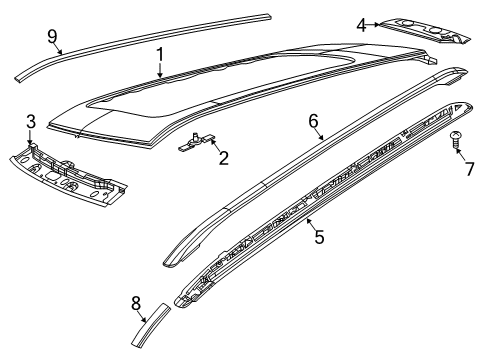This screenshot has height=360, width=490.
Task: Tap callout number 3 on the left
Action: click(x=31, y=122)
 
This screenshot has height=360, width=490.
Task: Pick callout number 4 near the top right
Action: click(x=361, y=25)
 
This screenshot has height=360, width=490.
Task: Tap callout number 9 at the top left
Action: click(x=52, y=36)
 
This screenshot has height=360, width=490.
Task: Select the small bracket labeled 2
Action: click(x=196, y=145)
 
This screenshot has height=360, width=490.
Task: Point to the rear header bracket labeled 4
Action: click(x=425, y=28)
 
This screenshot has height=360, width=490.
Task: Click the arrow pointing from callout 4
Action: click(x=374, y=25)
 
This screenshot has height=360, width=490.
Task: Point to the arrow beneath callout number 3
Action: click(x=31, y=137)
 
